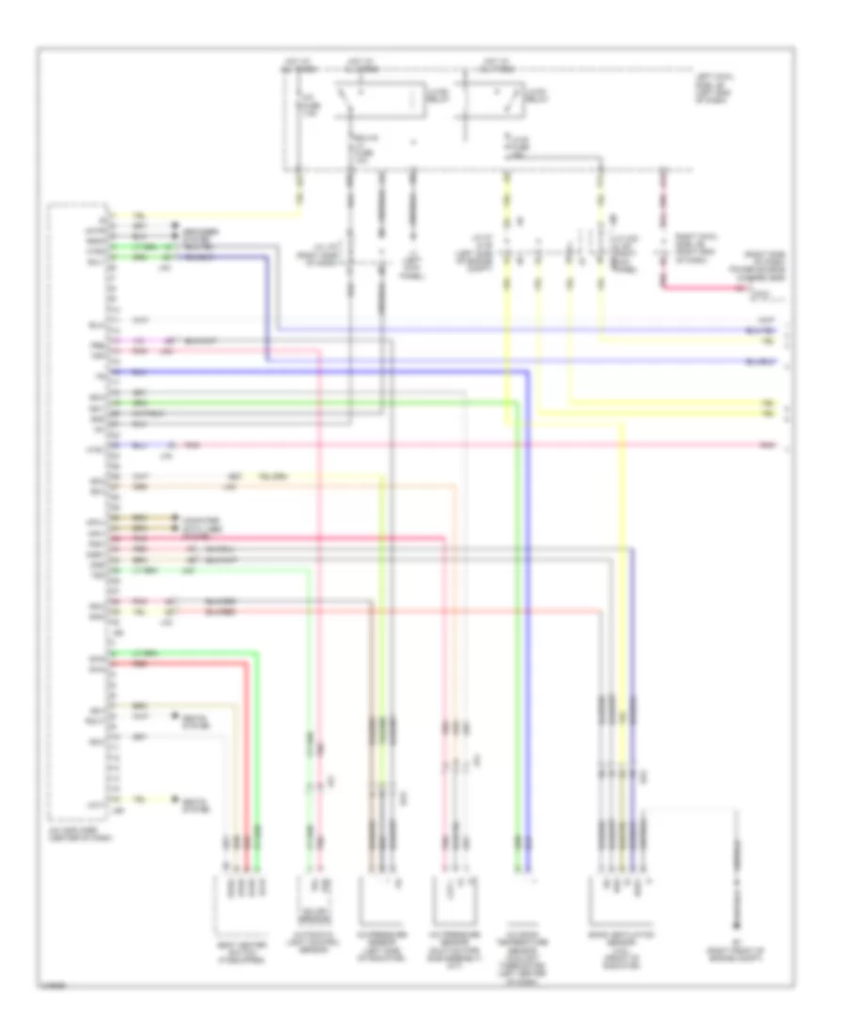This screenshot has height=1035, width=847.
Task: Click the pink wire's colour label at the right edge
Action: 769,443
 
